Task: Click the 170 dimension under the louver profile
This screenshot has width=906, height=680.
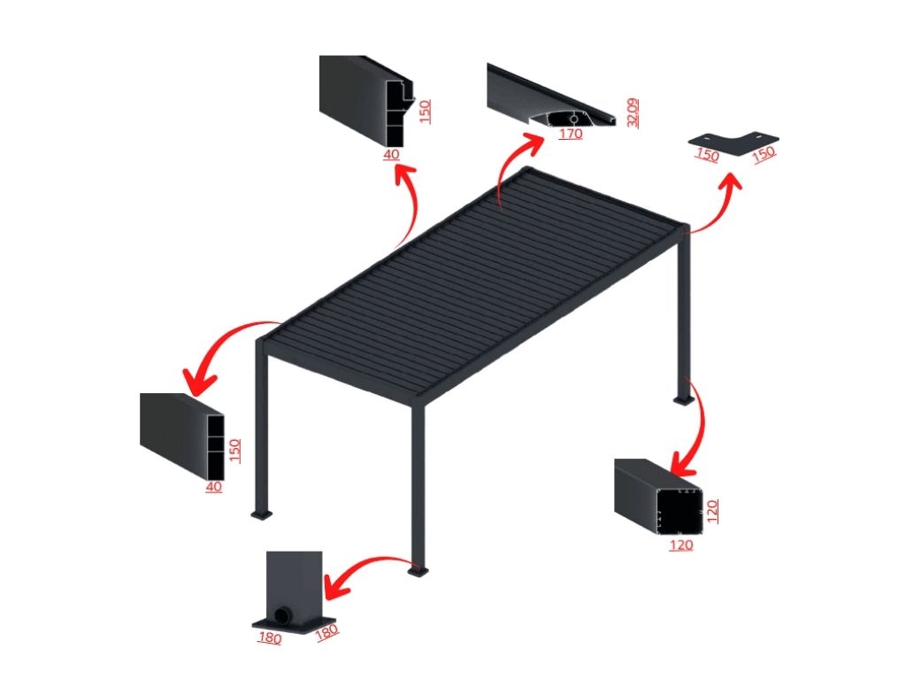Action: click(571, 135)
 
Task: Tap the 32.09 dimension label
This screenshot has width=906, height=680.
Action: click(633, 112)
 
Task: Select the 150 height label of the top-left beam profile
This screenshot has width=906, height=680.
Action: click(426, 112)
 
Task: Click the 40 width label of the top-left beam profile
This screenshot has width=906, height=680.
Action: click(391, 155)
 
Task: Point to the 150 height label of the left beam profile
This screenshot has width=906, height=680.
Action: click(234, 450)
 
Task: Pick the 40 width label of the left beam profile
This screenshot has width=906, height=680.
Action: click(214, 488)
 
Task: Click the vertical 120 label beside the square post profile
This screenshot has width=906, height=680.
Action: click(712, 512)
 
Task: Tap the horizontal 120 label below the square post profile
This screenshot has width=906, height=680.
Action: click(681, 545)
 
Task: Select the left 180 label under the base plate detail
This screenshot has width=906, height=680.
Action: click(270, 637)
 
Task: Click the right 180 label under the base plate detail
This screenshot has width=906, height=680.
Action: click(327, 632)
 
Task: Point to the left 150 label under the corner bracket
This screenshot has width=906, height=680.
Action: click(707, 155)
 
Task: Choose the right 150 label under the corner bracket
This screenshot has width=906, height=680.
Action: click(764, 154)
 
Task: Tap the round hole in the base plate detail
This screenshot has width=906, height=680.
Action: click(283, 614)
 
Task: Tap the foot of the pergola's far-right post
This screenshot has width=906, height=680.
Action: click(683, 400)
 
